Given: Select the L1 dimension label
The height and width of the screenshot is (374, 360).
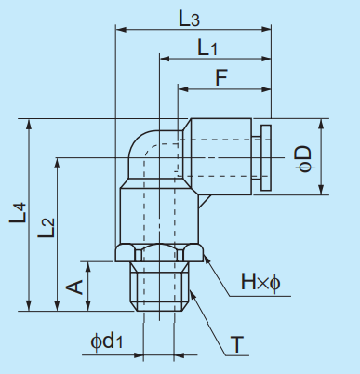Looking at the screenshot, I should [207, 47].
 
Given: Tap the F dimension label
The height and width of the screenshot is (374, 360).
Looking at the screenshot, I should [220, 78].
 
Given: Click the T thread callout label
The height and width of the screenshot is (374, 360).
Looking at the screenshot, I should [239, 345].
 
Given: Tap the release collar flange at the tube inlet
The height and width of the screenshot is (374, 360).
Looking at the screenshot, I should [266, 157].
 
